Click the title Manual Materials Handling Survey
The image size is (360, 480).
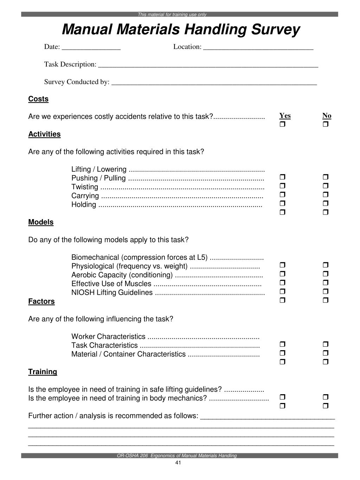pyautogui.click(x=181, y=30)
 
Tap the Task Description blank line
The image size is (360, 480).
pyautogui.click(x=208, y=65)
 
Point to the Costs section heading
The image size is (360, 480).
pyautogui.click(x=38, y=99)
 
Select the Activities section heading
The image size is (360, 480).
pyautogui.click(x=44, y=134)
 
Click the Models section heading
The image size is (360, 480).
pyautogui.click(x=41, y=222)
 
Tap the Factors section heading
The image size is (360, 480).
pyautogui.click(x=41, y=301)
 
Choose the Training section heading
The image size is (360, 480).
pyautogui.click(x=43, y=372)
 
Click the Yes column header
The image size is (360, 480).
pyautogui.click(x=285, y=116)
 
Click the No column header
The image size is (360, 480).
pyautogui.click(x=327, y=116)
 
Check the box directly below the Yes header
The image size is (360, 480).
pyautogui.click(x=282, y=124)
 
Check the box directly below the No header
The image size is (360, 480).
pyautogui.click(x=325, y=124)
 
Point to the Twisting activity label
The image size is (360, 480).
pyautogui.click(x=85, y=187)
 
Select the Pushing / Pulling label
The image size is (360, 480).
pyautogui.click(x=98, y=178)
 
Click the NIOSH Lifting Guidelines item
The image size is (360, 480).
pyautogui.click(x=112, y=293)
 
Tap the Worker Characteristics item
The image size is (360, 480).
pyautogui.click(x=108, y=337)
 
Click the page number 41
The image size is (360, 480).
pyautogui.click(x=178, y=463)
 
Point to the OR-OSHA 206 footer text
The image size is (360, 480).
pyautogui.click(x=177, y=456)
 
